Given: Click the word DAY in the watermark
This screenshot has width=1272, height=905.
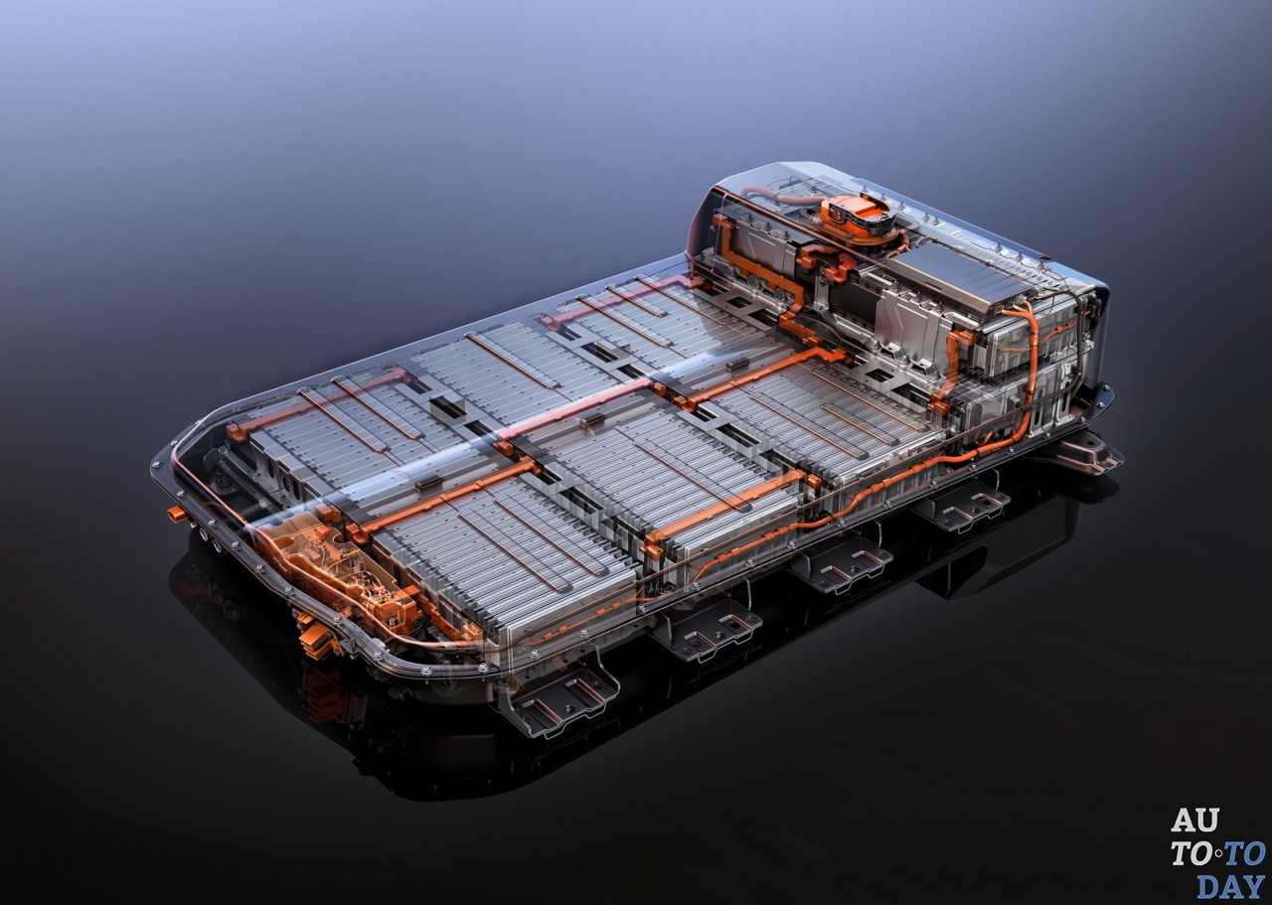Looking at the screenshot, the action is point(1231,885).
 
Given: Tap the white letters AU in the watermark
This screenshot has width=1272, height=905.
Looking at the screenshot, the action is point(1194,821).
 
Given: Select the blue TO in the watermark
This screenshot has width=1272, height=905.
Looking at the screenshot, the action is point(1243,853).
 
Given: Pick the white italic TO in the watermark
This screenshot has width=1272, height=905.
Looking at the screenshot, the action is point(1192,853).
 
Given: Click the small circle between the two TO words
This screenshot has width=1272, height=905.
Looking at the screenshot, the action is point(1217,853).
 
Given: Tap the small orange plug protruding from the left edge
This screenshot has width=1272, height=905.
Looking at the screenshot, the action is point(177,515).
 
